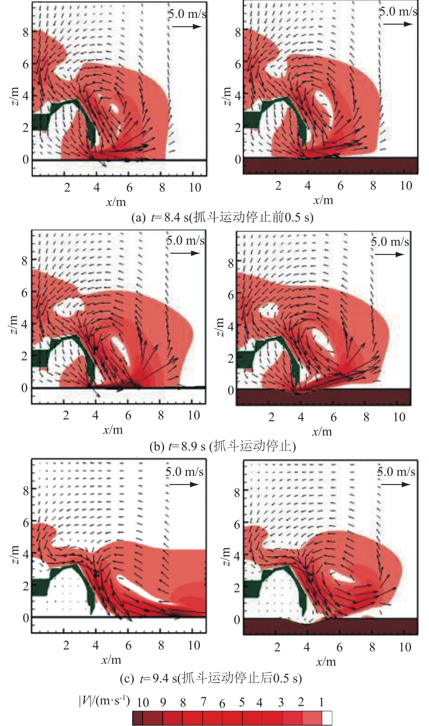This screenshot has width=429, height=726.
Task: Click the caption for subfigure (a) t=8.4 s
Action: [x=222, y=217]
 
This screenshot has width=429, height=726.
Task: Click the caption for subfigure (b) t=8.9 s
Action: [x=222, y=446]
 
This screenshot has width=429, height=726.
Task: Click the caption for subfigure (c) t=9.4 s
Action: [x=211, y=678]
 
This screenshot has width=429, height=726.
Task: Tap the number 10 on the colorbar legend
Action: [x=143, y=702]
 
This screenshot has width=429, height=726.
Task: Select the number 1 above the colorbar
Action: [x=321, y=702]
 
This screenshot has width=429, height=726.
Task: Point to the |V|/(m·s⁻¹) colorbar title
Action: [x=104, y=700]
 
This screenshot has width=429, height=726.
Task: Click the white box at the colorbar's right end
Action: [x=327, y=718]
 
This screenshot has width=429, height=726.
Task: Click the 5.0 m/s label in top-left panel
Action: [x=187, y=14]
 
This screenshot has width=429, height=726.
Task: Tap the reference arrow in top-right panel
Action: [x=398, y=24]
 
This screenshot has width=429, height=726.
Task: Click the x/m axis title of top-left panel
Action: [x=116, y=202]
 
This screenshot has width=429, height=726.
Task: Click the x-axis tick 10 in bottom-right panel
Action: [x=405, y=647]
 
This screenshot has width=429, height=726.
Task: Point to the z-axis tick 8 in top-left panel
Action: [x=26, y=32]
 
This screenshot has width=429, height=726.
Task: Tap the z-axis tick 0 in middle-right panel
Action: [x=231, y=390]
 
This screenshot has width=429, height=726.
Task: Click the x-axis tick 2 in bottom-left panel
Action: [x=66, y=645]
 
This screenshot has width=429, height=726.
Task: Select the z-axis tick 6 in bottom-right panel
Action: [x=237, y=524]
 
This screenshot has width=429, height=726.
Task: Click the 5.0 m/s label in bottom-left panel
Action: [x=185, y=472]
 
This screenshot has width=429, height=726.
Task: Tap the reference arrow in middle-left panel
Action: [x=185, y=253]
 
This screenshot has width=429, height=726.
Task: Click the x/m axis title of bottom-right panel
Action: [x=326, y=662]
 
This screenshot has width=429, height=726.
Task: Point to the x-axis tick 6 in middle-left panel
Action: [x=128, y=415]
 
